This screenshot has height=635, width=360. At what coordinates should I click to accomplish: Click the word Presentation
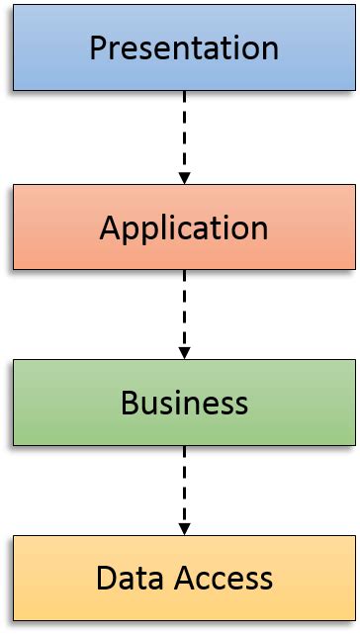pos(184,47)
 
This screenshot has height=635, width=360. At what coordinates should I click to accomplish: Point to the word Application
pos(184,228)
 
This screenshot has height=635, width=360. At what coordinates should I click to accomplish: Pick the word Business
pos(184,404)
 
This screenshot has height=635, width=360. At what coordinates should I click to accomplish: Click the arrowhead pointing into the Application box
pos(184,178)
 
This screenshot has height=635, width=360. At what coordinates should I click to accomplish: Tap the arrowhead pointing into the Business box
pos(184,353)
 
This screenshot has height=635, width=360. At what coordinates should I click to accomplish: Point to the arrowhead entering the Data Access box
pos(184,528)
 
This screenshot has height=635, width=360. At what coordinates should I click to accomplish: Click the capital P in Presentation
pos(98,47)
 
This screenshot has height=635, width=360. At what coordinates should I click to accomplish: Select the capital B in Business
pos(130,403)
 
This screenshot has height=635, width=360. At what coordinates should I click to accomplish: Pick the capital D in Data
pos(106,578)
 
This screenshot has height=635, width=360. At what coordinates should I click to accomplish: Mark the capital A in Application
pos(110,227)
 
